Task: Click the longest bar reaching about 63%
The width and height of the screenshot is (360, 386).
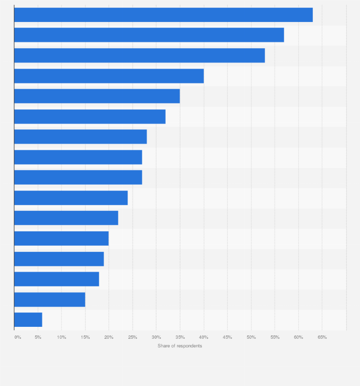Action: click(163, 15)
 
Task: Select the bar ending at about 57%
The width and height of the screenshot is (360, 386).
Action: click(149, 35)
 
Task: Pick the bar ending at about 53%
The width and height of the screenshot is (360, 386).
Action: click(139, 55)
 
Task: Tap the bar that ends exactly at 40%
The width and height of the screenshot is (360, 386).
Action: click(109, 76)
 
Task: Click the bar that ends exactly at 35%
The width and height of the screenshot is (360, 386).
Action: click(97, 96)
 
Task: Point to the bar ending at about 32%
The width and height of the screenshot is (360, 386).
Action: click(90, 116)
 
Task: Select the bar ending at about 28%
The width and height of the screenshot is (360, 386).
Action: click(80, 136)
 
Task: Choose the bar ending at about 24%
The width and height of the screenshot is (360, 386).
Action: click(71, 198)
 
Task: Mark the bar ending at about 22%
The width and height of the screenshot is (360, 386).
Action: click(66, 218)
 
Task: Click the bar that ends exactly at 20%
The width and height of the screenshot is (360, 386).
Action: click(61, 238)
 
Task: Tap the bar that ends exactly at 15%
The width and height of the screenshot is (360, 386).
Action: click(50, 299)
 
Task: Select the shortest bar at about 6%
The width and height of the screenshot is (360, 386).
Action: click(28, 320)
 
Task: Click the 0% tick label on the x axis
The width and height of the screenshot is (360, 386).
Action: click(18, 337)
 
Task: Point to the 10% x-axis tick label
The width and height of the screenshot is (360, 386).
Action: click(62, 337)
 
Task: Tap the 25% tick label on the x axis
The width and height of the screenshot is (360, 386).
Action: click(133, 337)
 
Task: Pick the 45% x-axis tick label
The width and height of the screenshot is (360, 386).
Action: click(227, 337)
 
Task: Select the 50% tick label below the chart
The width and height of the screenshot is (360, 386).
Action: click(251, 337)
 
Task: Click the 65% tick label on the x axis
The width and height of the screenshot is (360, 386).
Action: click(322, 337)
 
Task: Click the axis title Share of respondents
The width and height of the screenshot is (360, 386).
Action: click(180, 346)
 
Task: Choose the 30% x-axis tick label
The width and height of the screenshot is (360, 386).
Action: click(156, 337)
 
